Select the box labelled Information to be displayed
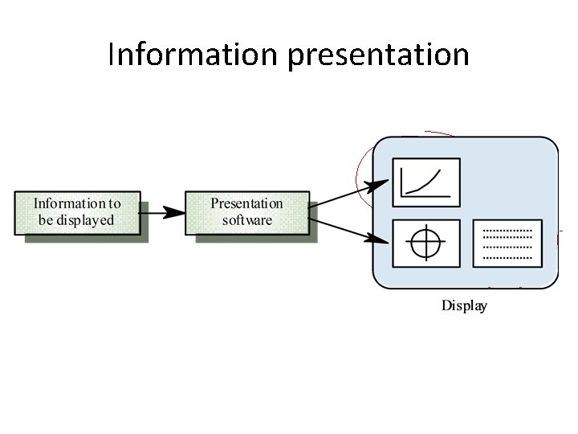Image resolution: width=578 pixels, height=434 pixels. coord(77,212)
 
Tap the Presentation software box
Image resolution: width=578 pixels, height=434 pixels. coord(246,212)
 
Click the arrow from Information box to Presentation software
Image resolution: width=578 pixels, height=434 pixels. coord(161,212)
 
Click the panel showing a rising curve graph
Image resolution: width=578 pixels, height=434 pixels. coord(425,182)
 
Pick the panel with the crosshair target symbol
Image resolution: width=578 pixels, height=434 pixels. coord(425,244)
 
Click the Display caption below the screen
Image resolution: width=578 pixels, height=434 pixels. coord(464,305)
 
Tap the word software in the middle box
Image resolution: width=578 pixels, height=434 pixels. coord(246,219)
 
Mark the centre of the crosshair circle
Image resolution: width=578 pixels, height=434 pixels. coord(425,244)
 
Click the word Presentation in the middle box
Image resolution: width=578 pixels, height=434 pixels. coord(246,204)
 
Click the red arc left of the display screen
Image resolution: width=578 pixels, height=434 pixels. coord(358,173)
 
